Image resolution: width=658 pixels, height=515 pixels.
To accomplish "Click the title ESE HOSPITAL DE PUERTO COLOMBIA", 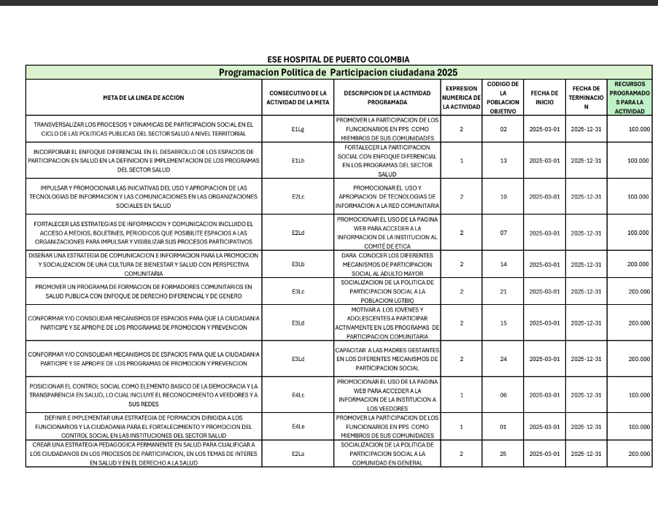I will (338, 59).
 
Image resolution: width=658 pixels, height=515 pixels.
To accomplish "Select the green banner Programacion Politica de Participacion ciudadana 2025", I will (338, 72).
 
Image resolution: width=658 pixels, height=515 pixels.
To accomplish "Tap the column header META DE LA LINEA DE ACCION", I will (143, 98).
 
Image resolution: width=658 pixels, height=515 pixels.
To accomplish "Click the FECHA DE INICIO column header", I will (544, 98).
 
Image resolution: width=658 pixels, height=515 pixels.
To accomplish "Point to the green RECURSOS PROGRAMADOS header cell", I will (630, 98).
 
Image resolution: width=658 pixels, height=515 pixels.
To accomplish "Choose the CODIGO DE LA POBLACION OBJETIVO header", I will (503, 98).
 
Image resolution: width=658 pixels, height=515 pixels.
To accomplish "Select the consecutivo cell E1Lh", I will (298, 160).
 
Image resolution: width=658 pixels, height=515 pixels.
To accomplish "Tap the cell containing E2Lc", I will (298, 196).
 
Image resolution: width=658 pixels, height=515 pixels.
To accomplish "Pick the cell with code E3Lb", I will (298, 264).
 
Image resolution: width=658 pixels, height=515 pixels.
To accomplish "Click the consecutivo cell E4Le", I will (298, 426).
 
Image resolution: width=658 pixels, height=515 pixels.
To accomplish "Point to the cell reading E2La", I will (298, 453).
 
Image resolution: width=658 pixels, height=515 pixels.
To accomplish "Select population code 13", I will (503, 160).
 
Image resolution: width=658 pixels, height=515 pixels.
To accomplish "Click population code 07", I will (503, 233).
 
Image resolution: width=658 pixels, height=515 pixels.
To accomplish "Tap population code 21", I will (503, 291).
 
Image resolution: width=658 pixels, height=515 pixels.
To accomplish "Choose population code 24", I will (503, 359).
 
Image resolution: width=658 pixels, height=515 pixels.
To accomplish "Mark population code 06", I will (503, 395).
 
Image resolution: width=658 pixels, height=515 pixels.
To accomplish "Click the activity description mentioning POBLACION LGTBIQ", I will (387, 291).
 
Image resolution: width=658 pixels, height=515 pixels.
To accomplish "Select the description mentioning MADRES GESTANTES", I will (387, 359).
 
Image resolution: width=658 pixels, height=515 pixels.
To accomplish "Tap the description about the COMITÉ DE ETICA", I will (387, 233).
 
